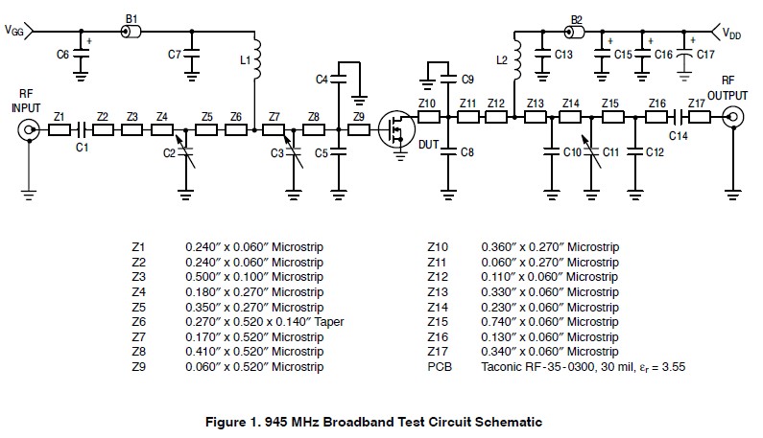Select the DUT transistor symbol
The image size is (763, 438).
393,128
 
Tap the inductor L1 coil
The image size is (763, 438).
255,61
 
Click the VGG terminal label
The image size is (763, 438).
15,31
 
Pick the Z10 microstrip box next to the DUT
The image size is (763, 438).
428,117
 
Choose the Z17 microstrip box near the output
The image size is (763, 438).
699,117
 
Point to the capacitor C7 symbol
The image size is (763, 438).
191,56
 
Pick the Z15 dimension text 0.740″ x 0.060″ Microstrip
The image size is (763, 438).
549,322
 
